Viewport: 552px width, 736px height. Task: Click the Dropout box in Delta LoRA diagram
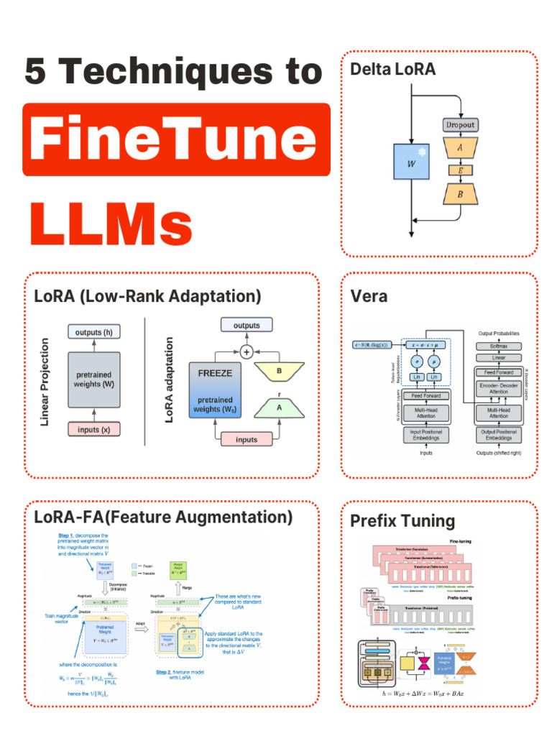[460, 124]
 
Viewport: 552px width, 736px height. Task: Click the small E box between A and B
[460, 171]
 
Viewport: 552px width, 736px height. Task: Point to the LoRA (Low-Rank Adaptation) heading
[147, 296]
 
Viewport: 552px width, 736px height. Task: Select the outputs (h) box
[94, 332]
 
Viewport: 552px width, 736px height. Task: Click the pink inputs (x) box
[94, 429]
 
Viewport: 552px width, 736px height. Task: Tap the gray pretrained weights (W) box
[94, 380]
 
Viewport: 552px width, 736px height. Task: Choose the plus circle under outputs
[247, 351]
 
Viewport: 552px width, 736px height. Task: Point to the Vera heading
[369, 296]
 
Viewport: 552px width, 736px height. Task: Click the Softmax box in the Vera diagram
[498, 346]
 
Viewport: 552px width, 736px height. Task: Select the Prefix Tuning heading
[402, 521]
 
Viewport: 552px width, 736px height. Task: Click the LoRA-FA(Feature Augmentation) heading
[163, 517]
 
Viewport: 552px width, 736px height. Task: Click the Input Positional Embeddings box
[426, 435]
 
